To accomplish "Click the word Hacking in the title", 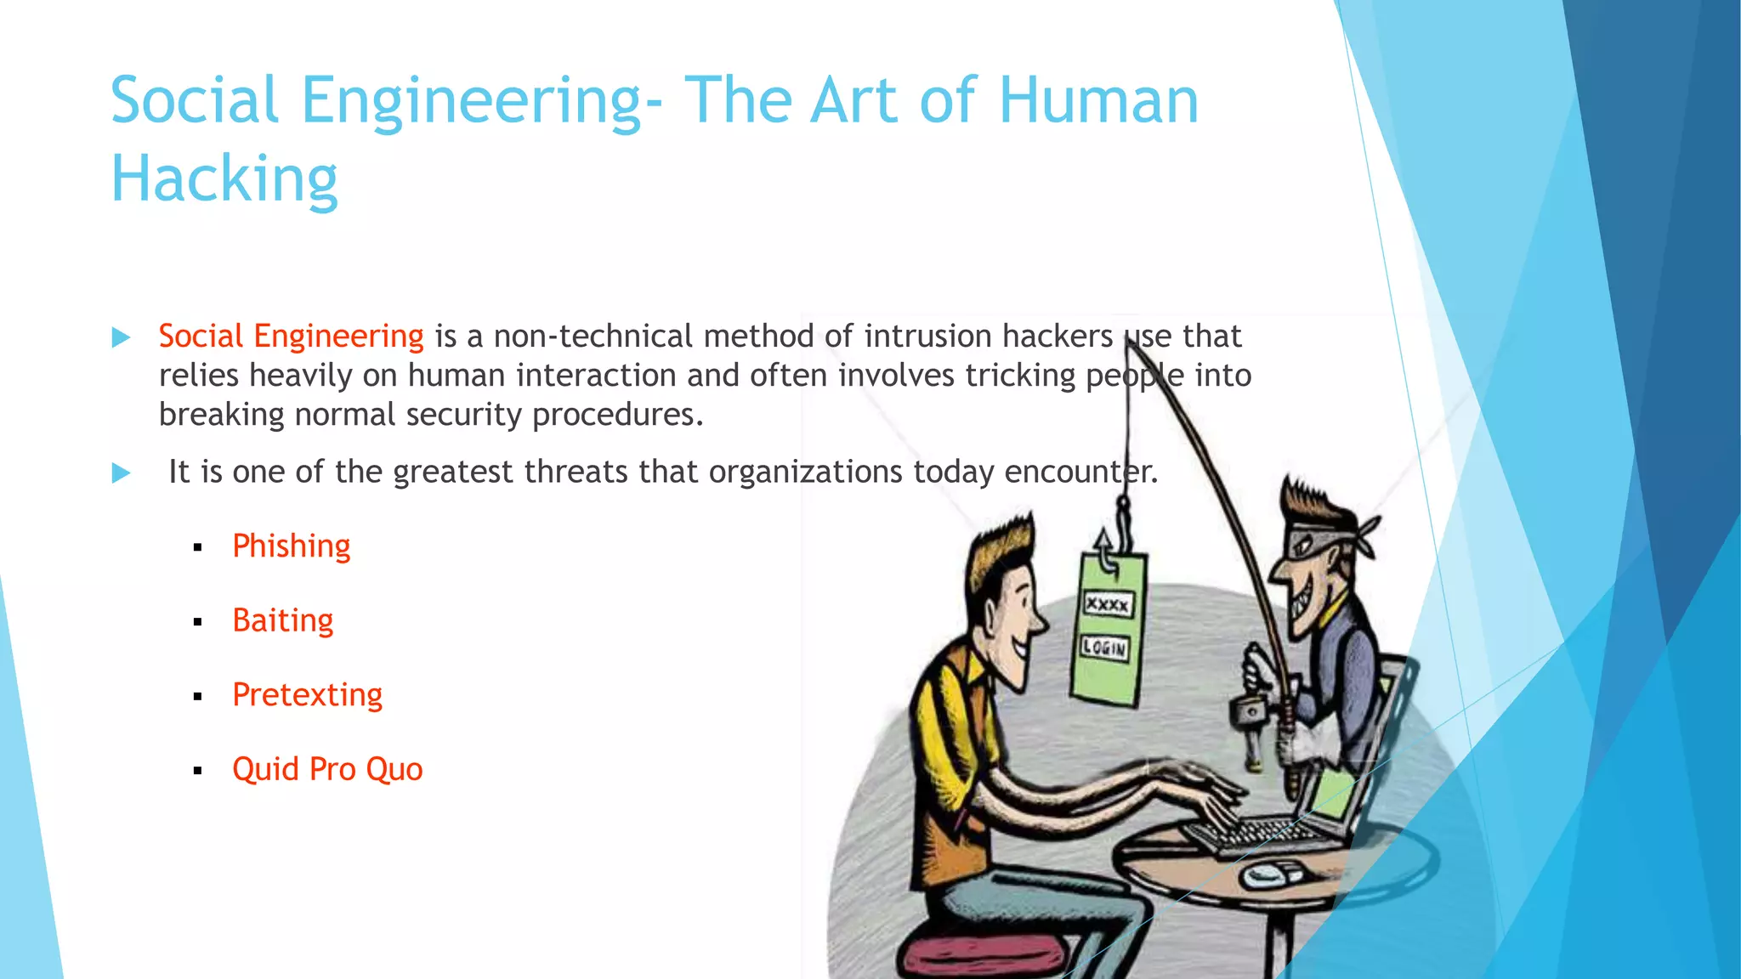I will tap(224, 178).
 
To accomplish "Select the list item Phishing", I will tap(291, 546).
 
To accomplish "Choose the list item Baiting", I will tap(282, 620).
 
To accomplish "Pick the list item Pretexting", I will tap(307, 694).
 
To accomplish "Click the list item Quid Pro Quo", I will tap(327, 769).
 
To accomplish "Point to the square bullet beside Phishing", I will tap(198, 548).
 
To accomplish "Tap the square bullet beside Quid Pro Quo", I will tap(198, 772).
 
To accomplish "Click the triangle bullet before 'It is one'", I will tap(122, 473).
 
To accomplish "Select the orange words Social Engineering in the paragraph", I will tap(291, 337).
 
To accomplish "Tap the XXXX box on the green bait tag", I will tap(1108, 604).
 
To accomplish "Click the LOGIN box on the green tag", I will tap(1104, 648).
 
